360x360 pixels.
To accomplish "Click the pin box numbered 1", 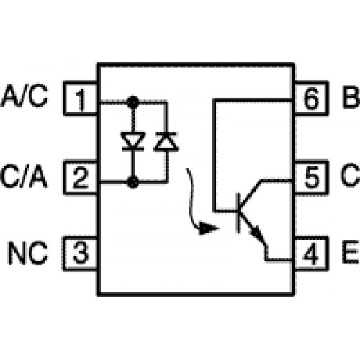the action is (81, 99).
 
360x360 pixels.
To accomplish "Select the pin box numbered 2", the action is (81, 178).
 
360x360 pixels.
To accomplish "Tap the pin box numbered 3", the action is (81, 253).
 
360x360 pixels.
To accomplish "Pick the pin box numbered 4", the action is (311, 253).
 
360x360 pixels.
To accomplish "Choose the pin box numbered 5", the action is (311, 178).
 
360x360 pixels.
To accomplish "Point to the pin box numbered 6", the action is (311, 99).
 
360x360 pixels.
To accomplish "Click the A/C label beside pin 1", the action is (24, 96).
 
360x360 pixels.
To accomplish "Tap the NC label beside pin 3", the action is (28, 253).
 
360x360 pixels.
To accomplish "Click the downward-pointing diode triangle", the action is (133, 140).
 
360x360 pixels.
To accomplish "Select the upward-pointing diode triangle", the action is (166, 142).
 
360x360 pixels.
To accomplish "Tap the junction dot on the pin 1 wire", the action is (132, 102).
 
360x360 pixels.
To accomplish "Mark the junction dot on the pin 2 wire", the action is (132, 181).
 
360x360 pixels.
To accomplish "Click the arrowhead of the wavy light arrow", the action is (208, 228).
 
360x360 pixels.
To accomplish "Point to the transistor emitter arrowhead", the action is (257, 233).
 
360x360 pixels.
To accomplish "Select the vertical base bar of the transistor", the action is (238, 212).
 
